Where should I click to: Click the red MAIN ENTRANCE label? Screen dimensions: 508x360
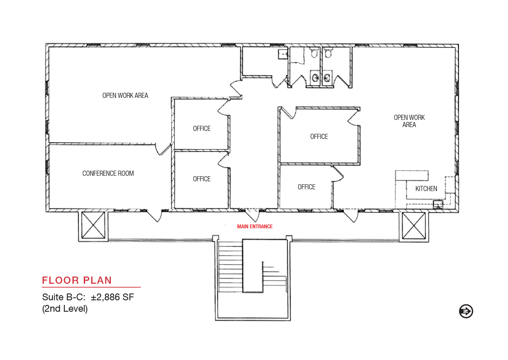pos(255,227)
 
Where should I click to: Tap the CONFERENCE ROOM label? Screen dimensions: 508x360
pos(108,173)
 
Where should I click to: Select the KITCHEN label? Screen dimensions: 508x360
pos(426,188)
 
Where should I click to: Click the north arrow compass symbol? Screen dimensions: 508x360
pos(466,311)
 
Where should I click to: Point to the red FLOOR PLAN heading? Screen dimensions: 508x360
pos(77,280)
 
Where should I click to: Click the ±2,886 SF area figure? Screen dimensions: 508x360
pos(113,297)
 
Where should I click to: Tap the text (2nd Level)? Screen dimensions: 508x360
pos(65,308)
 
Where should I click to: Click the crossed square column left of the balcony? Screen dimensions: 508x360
pos(93,225)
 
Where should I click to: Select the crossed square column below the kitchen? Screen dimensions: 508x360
pos(414,225)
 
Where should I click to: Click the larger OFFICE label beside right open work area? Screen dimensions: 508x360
pos(319,136)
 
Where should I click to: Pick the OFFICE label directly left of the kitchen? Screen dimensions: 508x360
pos(306,187)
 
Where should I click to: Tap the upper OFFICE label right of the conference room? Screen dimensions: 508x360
pos(202,128)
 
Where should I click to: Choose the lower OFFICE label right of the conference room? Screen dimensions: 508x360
pos(202,179)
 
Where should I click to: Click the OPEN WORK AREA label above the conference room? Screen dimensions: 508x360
pos(125,95)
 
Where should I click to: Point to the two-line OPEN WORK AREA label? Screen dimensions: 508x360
pos(409,121)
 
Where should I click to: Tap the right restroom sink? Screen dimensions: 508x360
pos(326,78)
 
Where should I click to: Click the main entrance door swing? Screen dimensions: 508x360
pos(252,215)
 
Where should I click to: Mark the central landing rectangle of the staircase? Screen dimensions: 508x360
pos(253,266)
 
